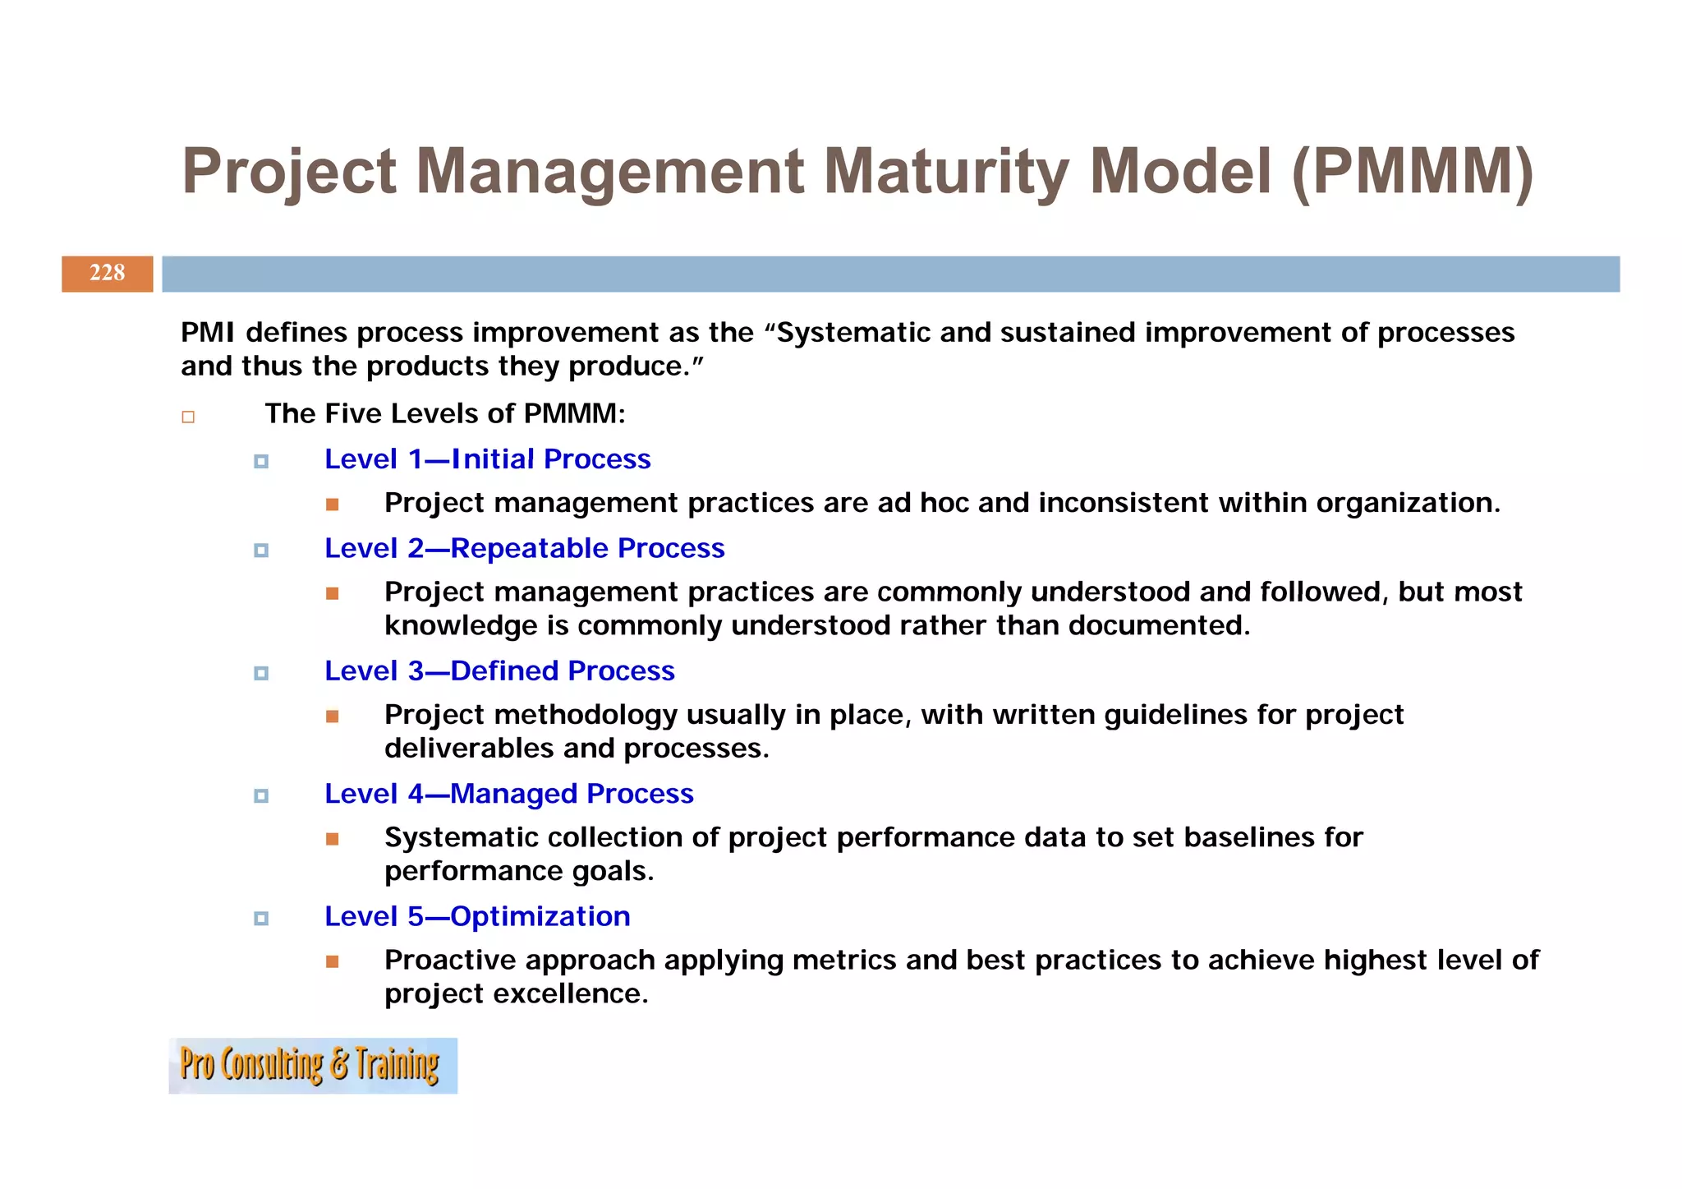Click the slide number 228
107,274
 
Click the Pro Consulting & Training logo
312,1066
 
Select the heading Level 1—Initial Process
487,459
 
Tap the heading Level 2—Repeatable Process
524,549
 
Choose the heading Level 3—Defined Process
499,671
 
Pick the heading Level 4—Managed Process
508,794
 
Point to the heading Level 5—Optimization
477,917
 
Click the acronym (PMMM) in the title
1412,171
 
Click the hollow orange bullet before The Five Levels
188,417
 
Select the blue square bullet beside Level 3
261,674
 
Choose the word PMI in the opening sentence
208,333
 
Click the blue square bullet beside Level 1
261,462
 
